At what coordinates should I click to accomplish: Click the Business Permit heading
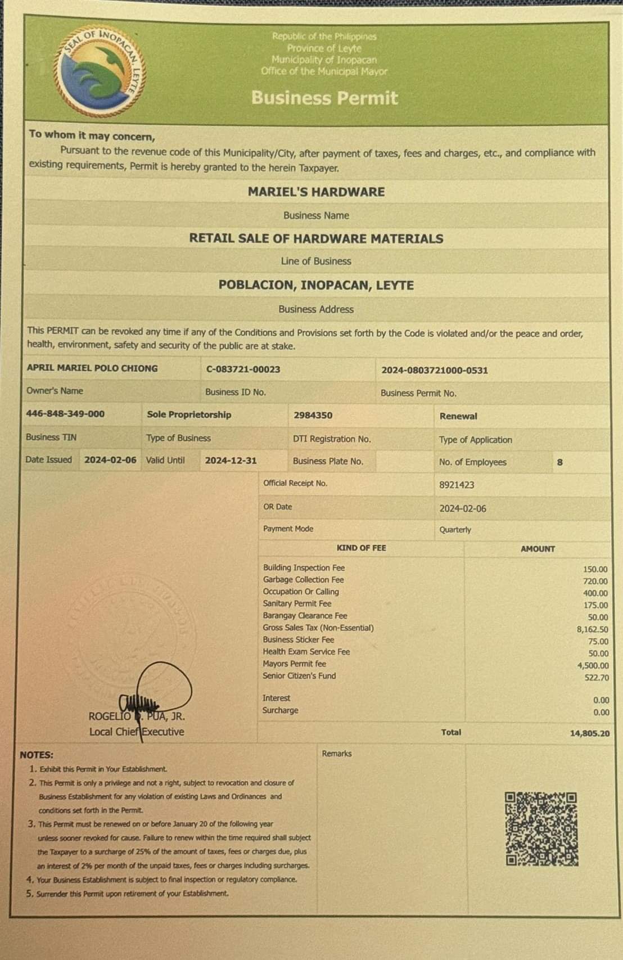coord(324,98)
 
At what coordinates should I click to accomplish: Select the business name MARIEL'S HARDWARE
coord(316,192)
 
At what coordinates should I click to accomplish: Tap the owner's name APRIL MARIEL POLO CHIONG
coord(92,368)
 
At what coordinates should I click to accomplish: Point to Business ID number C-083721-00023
coord(243,369)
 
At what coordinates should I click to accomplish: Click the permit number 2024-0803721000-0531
coord(434,370)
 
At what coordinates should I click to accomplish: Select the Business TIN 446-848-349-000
coord(65,414)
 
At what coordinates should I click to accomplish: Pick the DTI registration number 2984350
coord(313,416)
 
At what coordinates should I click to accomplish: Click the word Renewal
coord(458,416)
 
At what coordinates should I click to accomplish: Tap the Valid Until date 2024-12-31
coord(231,461)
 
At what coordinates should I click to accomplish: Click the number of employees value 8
coord(559,462)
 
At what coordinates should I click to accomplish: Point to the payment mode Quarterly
coord(455,530)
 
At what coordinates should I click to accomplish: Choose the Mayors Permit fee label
coord(294,664)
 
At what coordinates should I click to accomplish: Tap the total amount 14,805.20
coord(589,733)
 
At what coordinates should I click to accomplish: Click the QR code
coord(541,829)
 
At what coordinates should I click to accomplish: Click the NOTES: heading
coord(37,755)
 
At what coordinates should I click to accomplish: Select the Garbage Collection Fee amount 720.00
coord(595,582)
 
